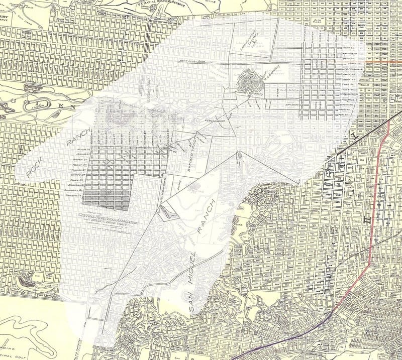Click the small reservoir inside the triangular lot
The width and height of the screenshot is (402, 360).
click(x=167, y=213)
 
